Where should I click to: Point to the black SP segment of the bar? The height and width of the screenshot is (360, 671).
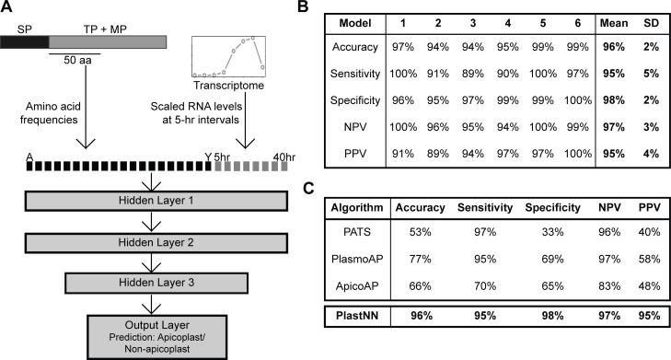(24, 41)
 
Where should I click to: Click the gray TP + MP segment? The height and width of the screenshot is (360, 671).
(108, 41)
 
